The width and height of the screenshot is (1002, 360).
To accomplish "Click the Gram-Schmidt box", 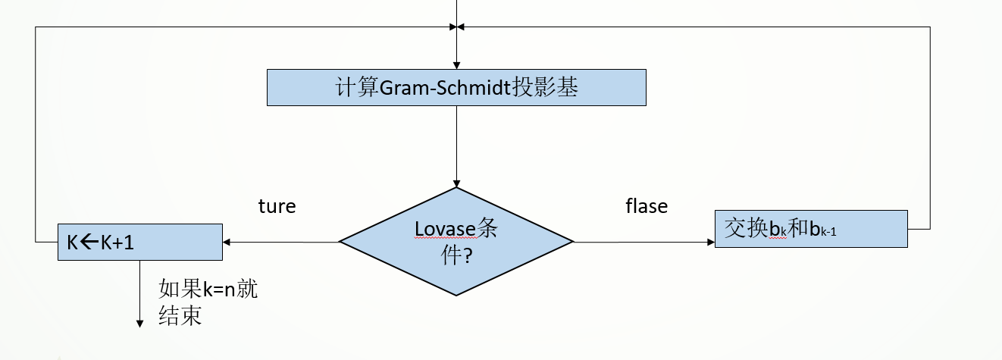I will pos(456,87).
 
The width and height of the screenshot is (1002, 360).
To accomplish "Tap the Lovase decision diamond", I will pos(456,242).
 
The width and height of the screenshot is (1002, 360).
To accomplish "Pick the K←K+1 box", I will pos(140,242).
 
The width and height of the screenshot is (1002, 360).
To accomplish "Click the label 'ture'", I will pos(277,206).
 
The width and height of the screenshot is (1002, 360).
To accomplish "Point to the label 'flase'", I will pos(647,206).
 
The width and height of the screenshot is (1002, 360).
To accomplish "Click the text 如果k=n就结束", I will pos(207,302).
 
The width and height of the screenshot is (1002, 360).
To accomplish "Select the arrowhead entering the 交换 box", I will pos(710,243).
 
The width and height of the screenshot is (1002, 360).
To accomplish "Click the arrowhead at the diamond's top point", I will pos(456,183).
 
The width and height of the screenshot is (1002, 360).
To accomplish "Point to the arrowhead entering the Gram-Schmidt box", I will pos(456,65).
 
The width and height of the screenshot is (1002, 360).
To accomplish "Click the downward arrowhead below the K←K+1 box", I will pos(140,324).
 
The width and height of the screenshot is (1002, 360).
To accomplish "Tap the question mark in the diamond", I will pos(468,256).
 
